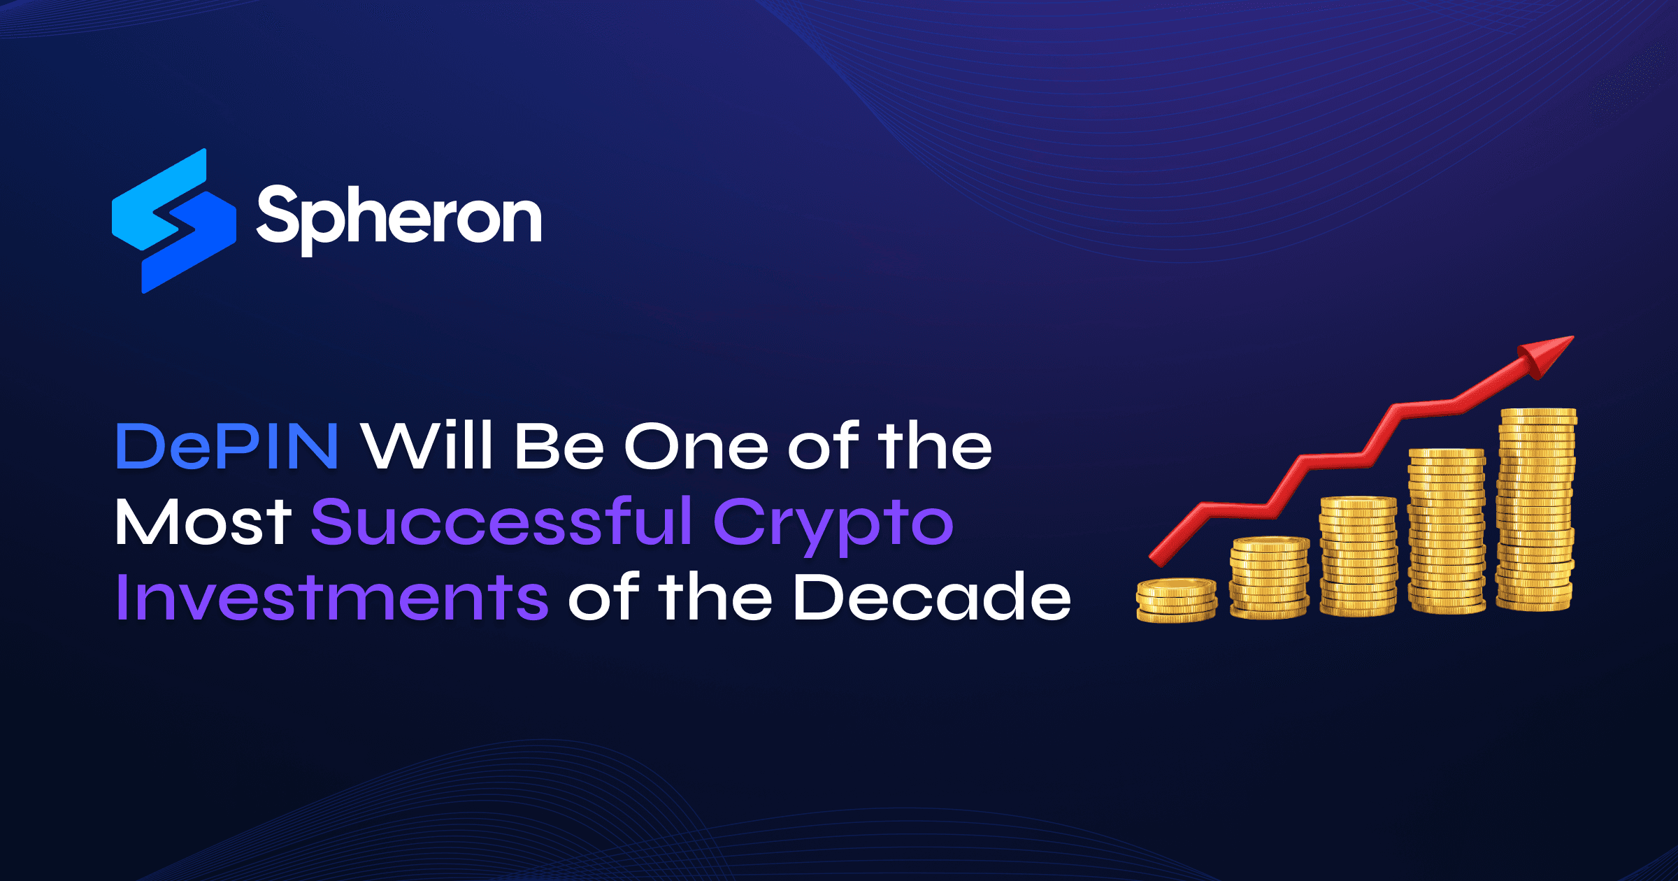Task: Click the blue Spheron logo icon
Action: [x=174, y=221]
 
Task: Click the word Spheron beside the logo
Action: [x=399, y=217]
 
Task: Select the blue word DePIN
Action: [x=227, y=446]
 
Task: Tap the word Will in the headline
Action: [x=427, y=446]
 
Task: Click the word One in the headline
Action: [x=696, y=446]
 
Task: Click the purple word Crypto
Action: [x=833, y=524]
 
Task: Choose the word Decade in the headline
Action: [x=932, y=597]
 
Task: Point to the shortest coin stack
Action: [x=1177, y=600]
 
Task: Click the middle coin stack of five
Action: [x=1358, y=556]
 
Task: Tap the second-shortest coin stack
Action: [x=1270, y=577]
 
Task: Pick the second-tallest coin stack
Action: [x=1446, y=531]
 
